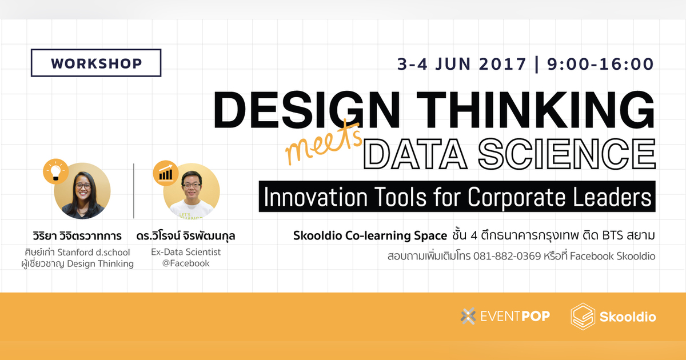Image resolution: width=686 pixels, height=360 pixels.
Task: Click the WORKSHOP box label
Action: pos(96,63)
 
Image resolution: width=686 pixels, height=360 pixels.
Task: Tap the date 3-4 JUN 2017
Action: pos(462,63)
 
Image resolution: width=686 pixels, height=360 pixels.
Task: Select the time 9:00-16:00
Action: pos(600,63)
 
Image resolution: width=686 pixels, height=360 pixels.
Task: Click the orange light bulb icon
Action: pos(55,171)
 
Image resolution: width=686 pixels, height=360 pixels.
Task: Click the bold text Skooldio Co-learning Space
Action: pos(369,235)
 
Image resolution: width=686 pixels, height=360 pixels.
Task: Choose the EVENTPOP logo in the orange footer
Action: pos(505,316)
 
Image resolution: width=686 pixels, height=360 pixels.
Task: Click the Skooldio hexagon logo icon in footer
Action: pos(583,316)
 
